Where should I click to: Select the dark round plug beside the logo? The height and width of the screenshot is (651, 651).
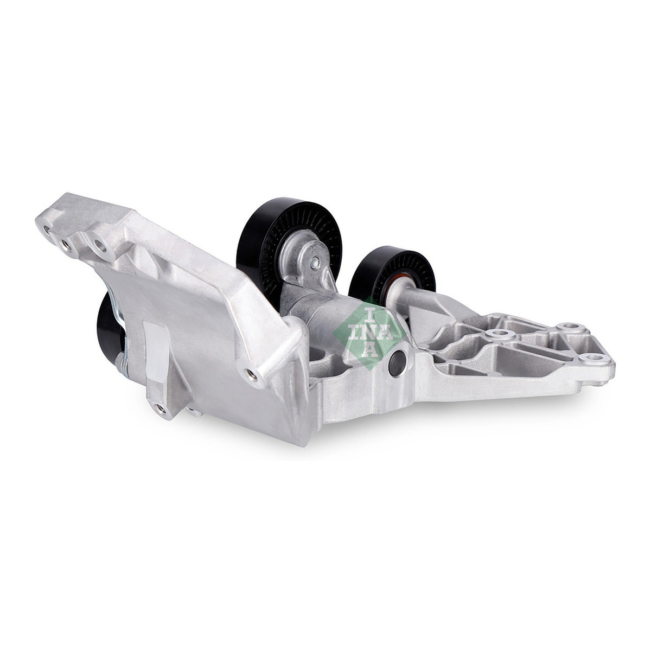[397, 363]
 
